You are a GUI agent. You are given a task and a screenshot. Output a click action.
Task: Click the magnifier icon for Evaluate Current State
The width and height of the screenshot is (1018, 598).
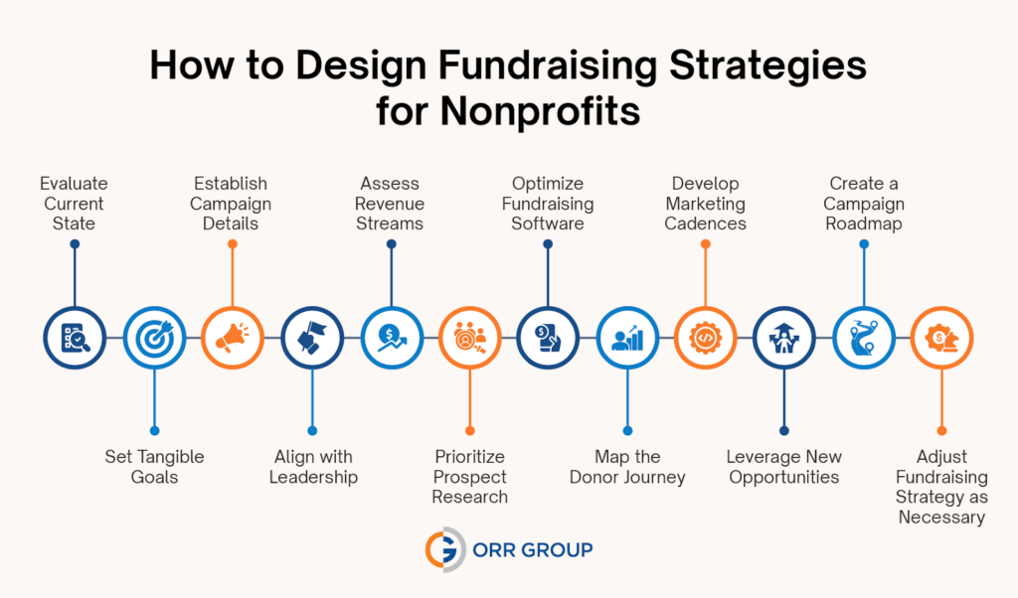pos(75,338)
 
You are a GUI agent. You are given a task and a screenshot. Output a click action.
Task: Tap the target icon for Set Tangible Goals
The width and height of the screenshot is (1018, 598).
pos(153,338)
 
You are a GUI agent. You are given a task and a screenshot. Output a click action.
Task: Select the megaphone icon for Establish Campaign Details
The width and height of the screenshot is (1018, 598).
pos(233,338)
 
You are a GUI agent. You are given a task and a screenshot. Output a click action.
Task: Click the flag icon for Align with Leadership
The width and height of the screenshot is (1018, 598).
pos(311,338)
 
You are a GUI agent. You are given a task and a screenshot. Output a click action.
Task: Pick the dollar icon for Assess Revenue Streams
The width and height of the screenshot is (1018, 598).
pos(390,338)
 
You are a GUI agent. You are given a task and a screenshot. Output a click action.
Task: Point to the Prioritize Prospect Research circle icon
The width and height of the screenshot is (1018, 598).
pos(469,338)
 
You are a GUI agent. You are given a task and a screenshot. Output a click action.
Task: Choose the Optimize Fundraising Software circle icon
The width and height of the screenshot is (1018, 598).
pos(548,338)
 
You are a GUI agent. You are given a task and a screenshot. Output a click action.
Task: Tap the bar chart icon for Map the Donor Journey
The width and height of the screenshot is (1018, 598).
pos(626,338)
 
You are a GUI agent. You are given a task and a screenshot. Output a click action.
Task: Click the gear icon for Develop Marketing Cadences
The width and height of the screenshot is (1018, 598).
pos(706,338)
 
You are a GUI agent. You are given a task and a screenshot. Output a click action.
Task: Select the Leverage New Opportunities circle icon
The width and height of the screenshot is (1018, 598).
pos(784,338)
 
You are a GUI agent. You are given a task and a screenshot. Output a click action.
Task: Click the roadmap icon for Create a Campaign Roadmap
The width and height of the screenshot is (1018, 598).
pos(863,338)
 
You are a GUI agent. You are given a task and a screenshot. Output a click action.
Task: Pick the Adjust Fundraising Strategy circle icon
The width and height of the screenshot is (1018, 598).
pos(941,338)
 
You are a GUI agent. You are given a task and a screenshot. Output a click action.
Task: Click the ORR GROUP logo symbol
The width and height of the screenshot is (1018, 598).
pos(441,548)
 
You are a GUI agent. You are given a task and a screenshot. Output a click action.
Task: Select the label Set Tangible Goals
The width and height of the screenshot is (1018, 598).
pos(154,467)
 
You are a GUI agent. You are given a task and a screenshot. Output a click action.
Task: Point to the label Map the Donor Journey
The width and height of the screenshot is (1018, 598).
pos(627,467)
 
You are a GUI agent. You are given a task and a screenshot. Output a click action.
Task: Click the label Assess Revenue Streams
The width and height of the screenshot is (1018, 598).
pos(390,203)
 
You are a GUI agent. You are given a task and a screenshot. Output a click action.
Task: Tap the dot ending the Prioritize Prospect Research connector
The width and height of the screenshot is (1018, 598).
pos(469,431)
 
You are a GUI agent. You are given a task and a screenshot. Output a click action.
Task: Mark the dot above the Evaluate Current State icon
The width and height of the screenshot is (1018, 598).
pos(75,243)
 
